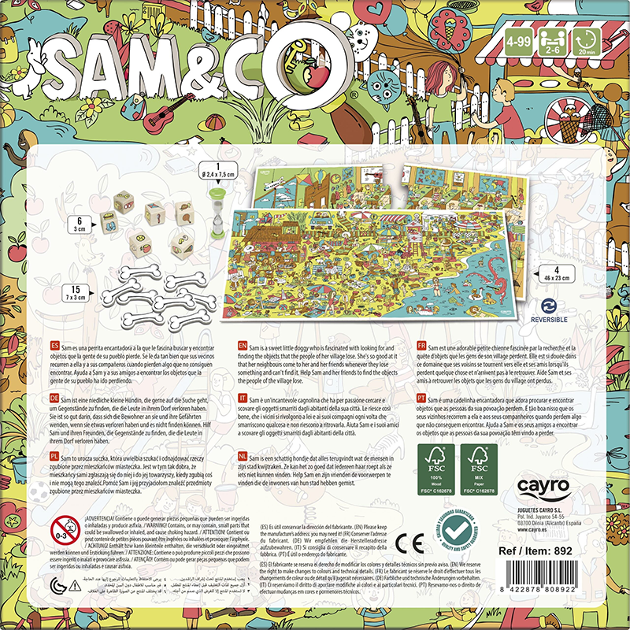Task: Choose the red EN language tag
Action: pyautogui.click(x=243, y=346)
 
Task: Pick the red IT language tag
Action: pyautogui.click(x=243, y=400)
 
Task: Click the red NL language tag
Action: pyautogui.click(x=243, y=455)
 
